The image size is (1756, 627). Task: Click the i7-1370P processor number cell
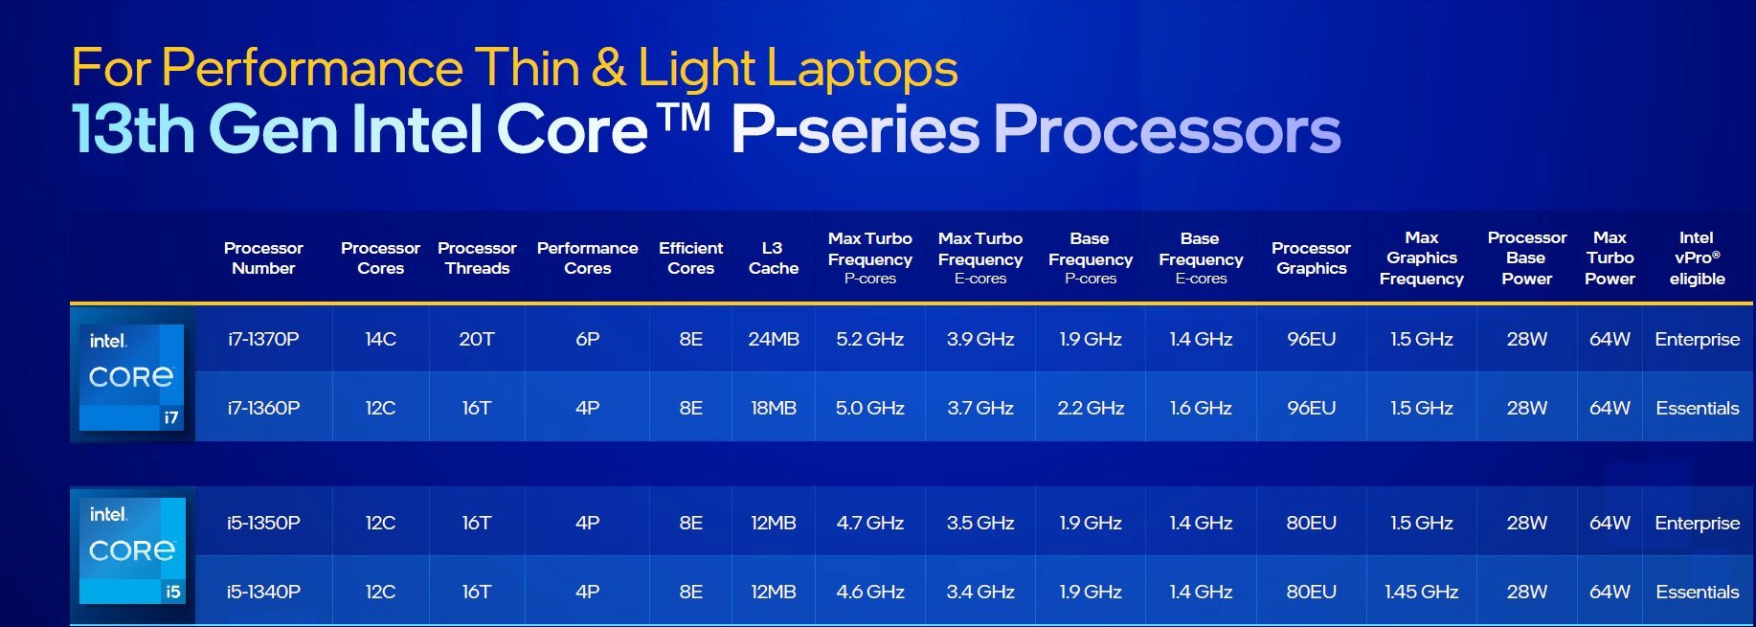coord(263,339)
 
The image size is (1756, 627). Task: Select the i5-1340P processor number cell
coord(263,592)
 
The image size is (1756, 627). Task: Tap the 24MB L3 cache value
coord(774,339)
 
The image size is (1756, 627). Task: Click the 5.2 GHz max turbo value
coord(869,339)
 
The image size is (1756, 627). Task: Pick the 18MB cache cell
coord(774,408)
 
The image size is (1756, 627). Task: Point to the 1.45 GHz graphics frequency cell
coord(1422,592)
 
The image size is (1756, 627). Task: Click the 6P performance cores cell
coord(587,339)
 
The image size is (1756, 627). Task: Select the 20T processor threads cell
coord(477,339)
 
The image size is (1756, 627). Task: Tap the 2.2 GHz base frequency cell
coord(1091,408)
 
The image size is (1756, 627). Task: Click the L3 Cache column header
coord(774,258)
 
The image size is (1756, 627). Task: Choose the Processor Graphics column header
coord(1311,258)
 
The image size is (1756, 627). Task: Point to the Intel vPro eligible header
coord(1697,258)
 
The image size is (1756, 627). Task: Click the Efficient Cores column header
coord(690,258)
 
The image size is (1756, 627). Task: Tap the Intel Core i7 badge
coord(132,376)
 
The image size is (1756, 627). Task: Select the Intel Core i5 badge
coord(132,550)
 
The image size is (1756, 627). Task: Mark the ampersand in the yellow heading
coord(608,69)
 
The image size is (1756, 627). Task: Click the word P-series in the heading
coord(855,129)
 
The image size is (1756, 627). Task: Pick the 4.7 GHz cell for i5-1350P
coord(869,523)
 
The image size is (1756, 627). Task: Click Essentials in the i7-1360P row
coord(1697,408)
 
